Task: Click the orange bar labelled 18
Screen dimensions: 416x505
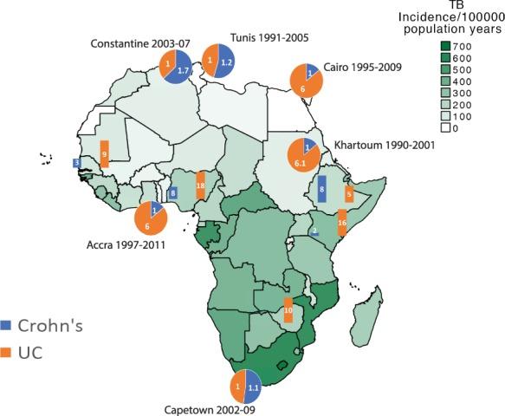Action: point(200,185)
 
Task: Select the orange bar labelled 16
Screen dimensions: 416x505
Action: point(342,223)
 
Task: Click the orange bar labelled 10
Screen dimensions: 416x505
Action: point(288,310)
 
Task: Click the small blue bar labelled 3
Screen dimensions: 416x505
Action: point(77,162)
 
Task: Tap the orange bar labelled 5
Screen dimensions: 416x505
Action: point(349,193)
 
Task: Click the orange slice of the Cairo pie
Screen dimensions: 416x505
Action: point(304,85)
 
